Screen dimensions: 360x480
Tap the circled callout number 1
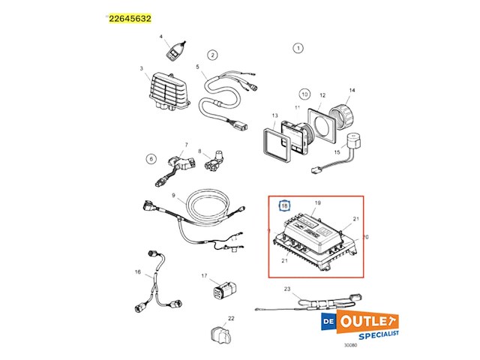point(298,48)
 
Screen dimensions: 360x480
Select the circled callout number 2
point(212,55)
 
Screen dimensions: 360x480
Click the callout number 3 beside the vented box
point(141,69)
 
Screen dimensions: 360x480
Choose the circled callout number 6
point(150,158)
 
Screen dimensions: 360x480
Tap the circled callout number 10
point(304,94)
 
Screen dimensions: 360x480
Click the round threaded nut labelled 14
point(349,115)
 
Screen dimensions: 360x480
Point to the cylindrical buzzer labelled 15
point(352,143)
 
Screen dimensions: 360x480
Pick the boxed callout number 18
point(284,205)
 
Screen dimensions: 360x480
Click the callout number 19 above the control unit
point(317,203)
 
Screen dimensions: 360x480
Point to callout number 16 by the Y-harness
point(138,271)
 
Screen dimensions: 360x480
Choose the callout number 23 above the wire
point(286,289)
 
